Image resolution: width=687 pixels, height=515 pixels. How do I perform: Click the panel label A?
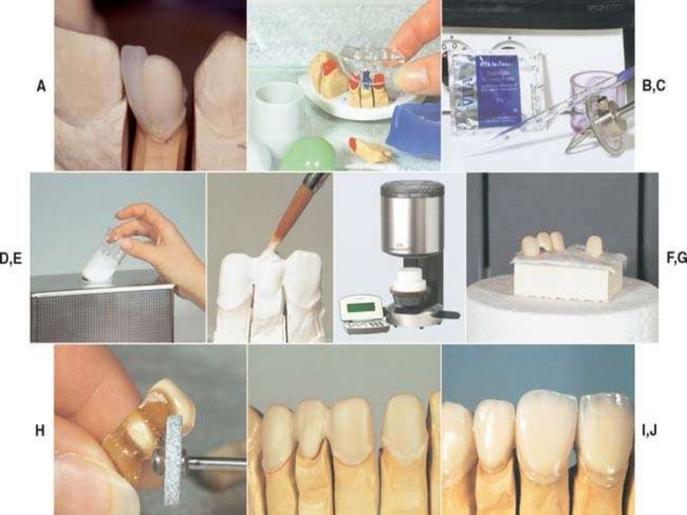(42, 86)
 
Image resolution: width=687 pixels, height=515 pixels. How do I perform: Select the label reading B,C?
(653, 86)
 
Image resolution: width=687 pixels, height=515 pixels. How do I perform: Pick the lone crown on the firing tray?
(594, 246)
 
